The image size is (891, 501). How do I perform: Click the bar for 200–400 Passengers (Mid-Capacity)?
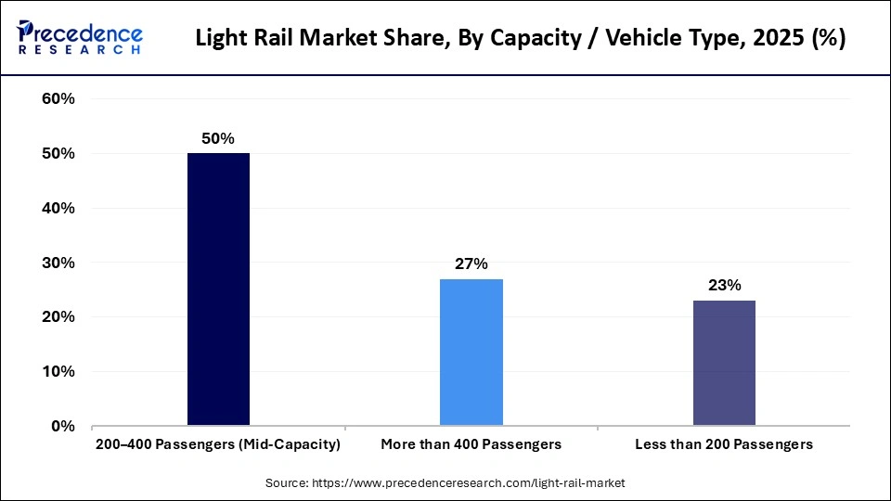218,289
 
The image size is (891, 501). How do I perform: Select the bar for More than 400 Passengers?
471,353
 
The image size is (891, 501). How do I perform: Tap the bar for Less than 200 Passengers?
724,363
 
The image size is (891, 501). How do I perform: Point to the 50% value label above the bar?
218,138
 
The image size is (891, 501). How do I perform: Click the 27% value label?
471,263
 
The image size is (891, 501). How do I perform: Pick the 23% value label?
724,285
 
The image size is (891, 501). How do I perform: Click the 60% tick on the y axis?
58,99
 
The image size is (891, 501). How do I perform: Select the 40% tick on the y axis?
58,209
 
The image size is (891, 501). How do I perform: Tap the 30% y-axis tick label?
58,263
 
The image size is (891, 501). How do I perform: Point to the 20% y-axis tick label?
58,317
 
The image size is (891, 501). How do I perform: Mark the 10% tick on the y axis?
58,372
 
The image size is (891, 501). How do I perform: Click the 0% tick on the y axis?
63,427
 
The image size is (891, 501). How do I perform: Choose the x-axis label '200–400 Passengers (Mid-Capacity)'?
218,444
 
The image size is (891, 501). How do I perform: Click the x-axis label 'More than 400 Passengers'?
471,444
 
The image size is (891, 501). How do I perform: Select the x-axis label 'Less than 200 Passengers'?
724,444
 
